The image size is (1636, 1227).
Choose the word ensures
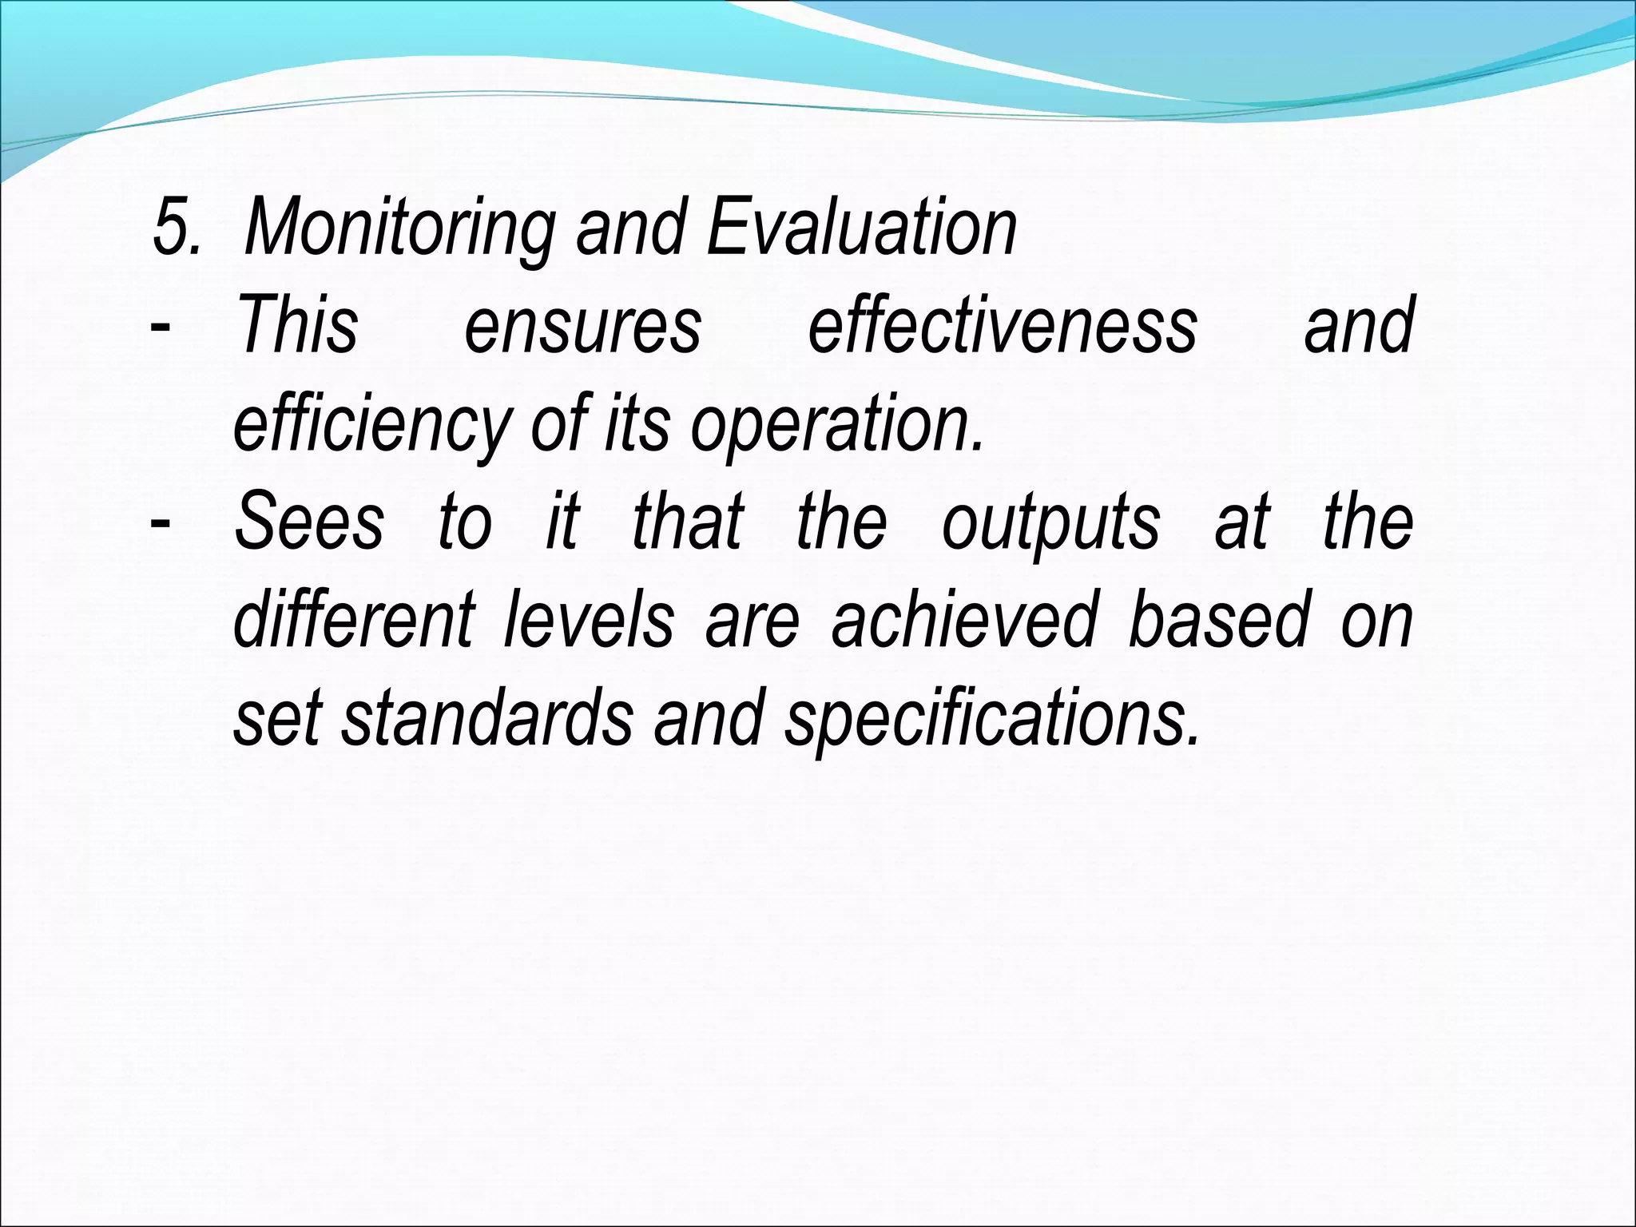pos(583,326)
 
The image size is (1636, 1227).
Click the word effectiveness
pos(1003,326)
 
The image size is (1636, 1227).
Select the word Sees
pos(309,522)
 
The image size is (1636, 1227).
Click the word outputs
pos(1050,522)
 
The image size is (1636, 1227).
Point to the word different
pos(354,620)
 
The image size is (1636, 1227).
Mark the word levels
pos(589,620)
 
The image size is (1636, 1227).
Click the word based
pos(1219,620)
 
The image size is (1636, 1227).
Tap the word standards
pos(488,717)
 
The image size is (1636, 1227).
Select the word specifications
pos(991,717)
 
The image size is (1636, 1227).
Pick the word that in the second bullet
pos(688,522)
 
